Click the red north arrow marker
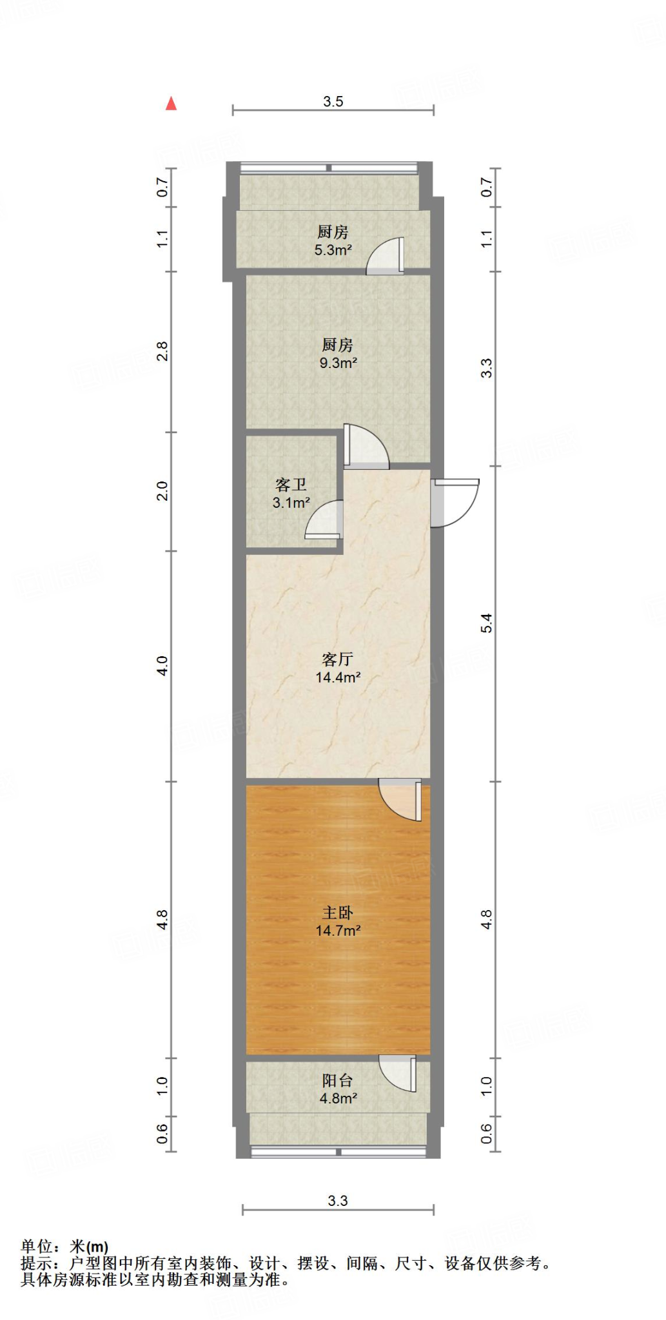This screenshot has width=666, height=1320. [171, 104]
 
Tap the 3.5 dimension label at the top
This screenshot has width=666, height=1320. [333, 101]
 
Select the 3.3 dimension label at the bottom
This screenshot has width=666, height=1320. [337, 1201]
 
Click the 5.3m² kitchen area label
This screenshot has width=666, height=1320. [333, 250]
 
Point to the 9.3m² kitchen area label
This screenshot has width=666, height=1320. [338, 363]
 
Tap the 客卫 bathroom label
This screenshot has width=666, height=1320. [291, 484]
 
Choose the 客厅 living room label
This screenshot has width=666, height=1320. [337, 659]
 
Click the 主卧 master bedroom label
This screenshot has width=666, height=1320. [337, 913]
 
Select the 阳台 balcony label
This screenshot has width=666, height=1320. [337, 1081]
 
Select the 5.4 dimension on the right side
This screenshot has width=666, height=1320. [486, 623]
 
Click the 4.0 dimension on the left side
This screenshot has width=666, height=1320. [162, 665]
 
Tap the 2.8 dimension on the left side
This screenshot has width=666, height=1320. [162, 351]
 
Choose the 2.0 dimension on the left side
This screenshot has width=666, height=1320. [162, 490]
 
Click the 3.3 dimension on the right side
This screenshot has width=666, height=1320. [486, 368]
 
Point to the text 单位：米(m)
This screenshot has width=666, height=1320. [64, 1247]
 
